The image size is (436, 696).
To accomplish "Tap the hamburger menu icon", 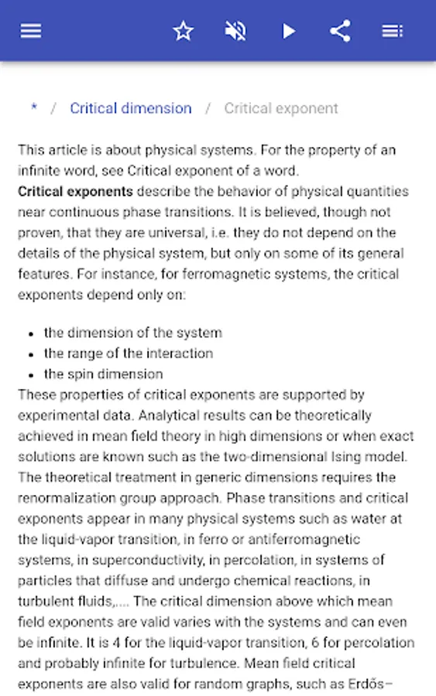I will pos(31,31).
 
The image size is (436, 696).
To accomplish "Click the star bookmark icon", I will pos(183,31).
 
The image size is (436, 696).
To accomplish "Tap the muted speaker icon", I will pos(235,31).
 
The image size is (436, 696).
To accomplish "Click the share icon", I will pos(340,31).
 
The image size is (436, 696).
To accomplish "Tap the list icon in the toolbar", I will pos(392,31).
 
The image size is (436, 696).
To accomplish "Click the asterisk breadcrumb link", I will pos(33,108).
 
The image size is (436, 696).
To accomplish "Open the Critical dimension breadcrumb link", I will pos(130,108).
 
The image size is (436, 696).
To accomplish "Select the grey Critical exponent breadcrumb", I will pos(281,108).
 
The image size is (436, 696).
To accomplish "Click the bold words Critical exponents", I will pos(75,191).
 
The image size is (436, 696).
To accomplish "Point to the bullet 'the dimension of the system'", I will pos(132,333).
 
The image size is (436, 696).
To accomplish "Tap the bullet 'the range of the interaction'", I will pos(128,353).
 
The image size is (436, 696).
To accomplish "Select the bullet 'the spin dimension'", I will pos(103,374).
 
